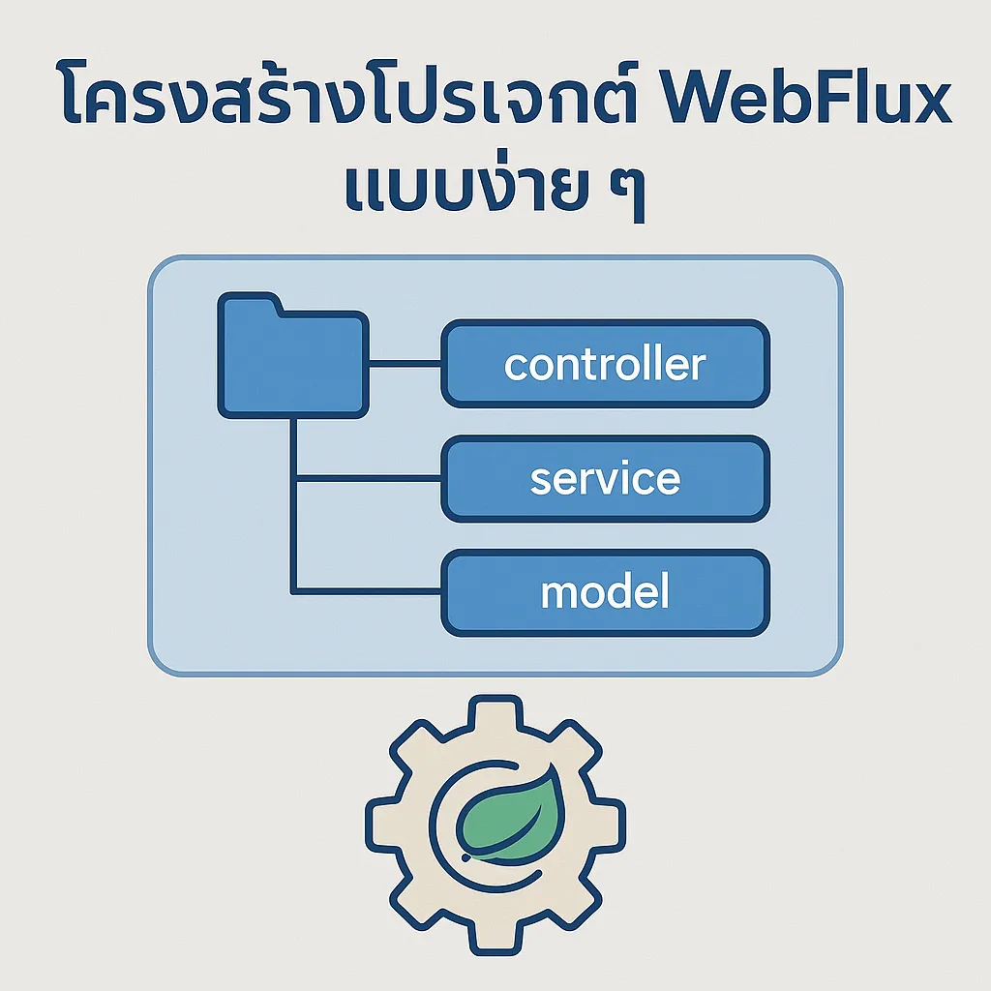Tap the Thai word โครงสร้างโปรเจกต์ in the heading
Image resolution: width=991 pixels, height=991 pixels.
(x=349, y=92)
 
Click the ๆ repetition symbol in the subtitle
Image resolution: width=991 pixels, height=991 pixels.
(x=627, y=195)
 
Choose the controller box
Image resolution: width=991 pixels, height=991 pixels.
(x=606, y=364)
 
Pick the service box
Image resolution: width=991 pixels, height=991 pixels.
(x=606, y=478)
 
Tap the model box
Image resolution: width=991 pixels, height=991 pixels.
(x=606, y=592)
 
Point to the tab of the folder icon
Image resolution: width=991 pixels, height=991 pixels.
(x=251, y=302)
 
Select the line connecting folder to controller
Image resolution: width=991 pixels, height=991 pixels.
(x=405, y=363)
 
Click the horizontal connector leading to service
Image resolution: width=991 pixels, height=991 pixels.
(x=369, y=478)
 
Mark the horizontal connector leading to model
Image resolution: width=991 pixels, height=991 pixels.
(x=369, y=591)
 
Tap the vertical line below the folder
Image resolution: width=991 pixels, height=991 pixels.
(x=293, y=505)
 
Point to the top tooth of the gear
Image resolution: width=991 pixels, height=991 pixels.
(x=495, y=714)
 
